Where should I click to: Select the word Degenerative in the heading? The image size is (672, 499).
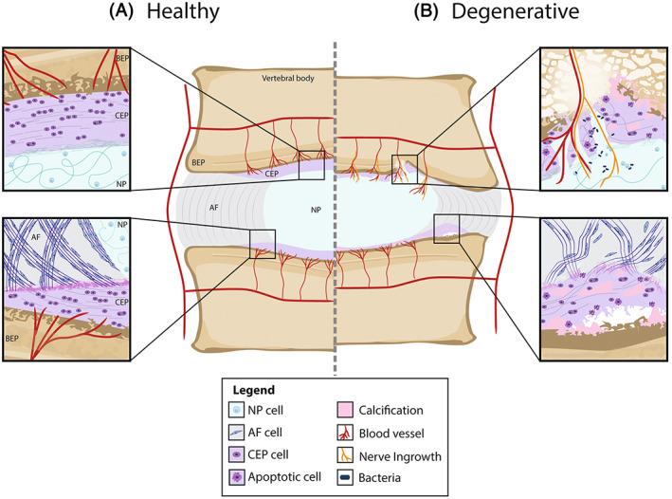coord(497,13)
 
